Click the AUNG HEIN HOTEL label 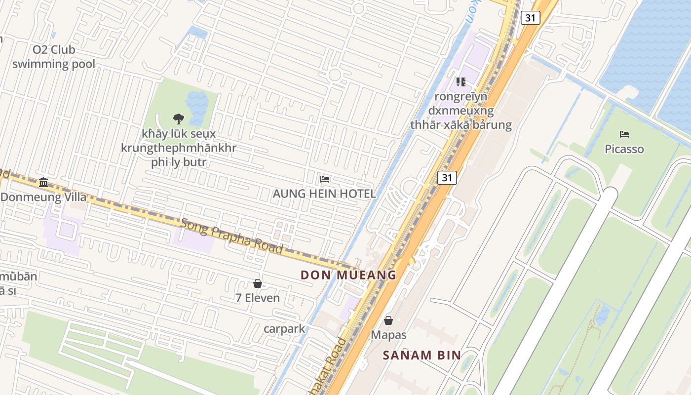point(324,194)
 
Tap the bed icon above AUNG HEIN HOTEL point(325,179)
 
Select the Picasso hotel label point(624,149)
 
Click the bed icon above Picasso point(624,134)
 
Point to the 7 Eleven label point(257,298)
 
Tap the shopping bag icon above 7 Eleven point(257,283)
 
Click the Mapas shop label point(388,335)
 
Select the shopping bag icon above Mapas point(388,320)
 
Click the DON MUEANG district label point(348,275)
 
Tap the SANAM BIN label point(422,355)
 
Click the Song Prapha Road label point(231,236)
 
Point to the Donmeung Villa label point(43,197)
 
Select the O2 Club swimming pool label point(54,57)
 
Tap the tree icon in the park point(179,118)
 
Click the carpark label point(284,328)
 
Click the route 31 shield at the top point(530,18)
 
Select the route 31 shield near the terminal point(447,177)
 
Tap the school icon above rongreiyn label point(461,81)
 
